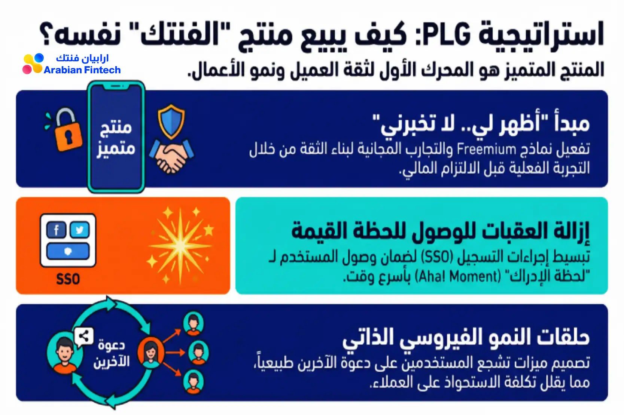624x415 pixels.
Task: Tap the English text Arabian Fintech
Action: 82,70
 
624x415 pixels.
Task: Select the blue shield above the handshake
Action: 171,122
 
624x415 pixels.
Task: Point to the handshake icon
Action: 171,156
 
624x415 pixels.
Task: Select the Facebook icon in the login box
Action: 57,230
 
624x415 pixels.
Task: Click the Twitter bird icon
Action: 80,230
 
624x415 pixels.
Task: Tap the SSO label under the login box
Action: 68,279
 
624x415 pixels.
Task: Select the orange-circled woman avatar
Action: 151,353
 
